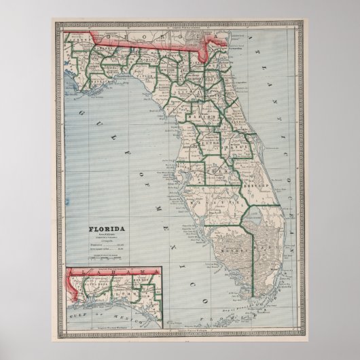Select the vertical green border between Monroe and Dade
(x=253, y=251)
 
